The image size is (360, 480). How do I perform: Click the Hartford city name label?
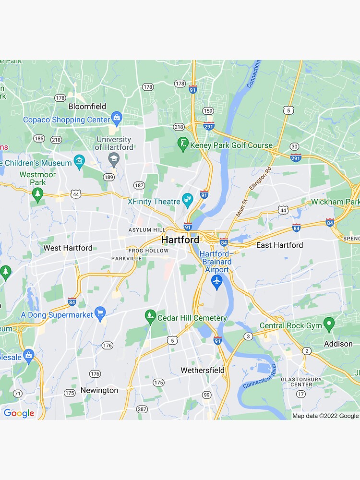tap(180, 240)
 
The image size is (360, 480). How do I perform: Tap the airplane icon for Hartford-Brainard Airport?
tap(216, 282)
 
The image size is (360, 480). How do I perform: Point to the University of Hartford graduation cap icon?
tap(114, 159)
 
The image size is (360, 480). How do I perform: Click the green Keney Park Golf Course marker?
tap(183, 143)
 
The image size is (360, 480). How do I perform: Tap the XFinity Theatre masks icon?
tap(188, 199)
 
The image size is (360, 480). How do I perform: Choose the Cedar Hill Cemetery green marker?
tap(151, 316)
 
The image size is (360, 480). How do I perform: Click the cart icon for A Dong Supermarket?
tap(100, 313)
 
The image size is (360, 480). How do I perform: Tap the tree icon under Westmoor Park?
tap(37, 193)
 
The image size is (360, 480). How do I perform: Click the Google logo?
tap(19, 413)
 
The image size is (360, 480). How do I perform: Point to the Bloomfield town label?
tap(87, 106)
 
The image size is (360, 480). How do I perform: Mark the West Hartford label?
tap(68, 248)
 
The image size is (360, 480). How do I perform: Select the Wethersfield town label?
tap(202, 370)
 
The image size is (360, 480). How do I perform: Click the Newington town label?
tap(99, 390)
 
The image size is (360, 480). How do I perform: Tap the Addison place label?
tap(338, 344)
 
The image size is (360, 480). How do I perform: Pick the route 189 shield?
tap(108, 177)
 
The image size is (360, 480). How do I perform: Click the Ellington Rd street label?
tap(261, 178)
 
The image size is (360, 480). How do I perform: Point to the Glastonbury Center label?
tap(301, 382)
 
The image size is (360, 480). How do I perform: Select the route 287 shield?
tap(142, 409)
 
